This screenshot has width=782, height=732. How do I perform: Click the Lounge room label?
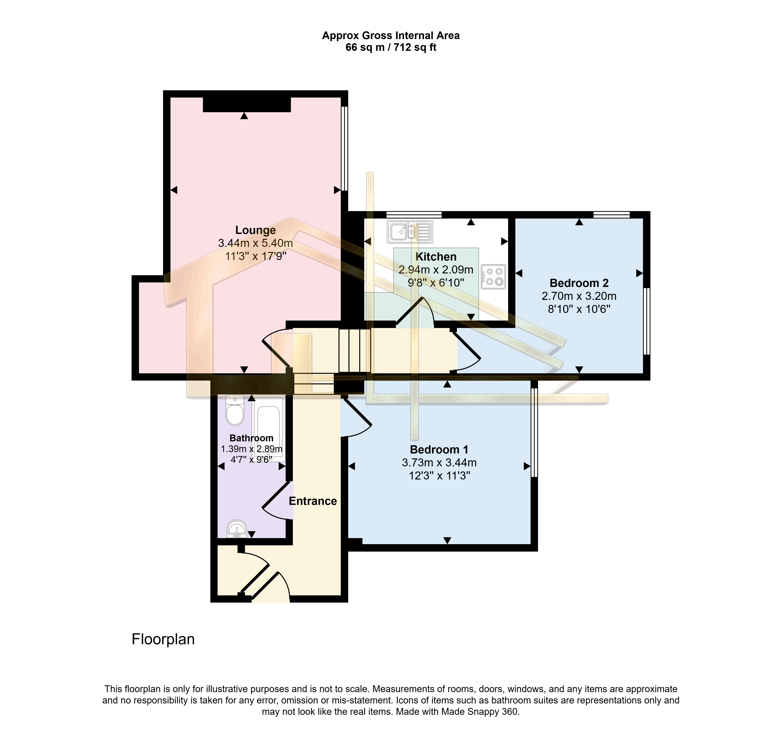255,230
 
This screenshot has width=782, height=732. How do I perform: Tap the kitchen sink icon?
410,232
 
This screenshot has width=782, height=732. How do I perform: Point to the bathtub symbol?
269,429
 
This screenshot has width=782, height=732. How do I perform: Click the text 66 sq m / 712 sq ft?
391,47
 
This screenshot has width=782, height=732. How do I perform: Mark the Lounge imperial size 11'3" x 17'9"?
255,256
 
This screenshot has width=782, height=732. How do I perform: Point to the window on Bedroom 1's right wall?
534,433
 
